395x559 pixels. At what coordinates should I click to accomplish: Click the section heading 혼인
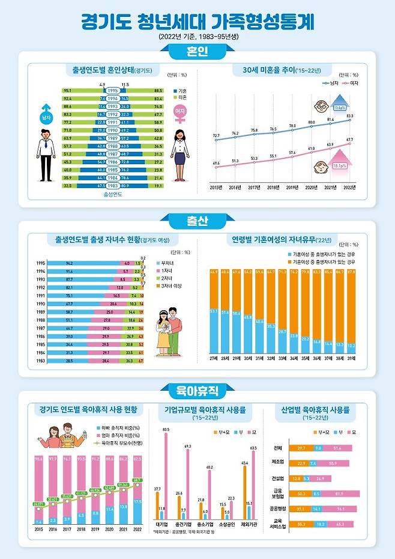coord(197,52)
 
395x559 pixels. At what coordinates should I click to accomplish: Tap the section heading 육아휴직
coord(197,391)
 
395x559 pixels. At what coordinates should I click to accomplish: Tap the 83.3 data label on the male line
coord(349,115)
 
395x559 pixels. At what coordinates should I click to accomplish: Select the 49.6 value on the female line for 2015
coord(216,163)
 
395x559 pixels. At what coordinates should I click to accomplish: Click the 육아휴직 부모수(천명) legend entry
coord(120,442)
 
